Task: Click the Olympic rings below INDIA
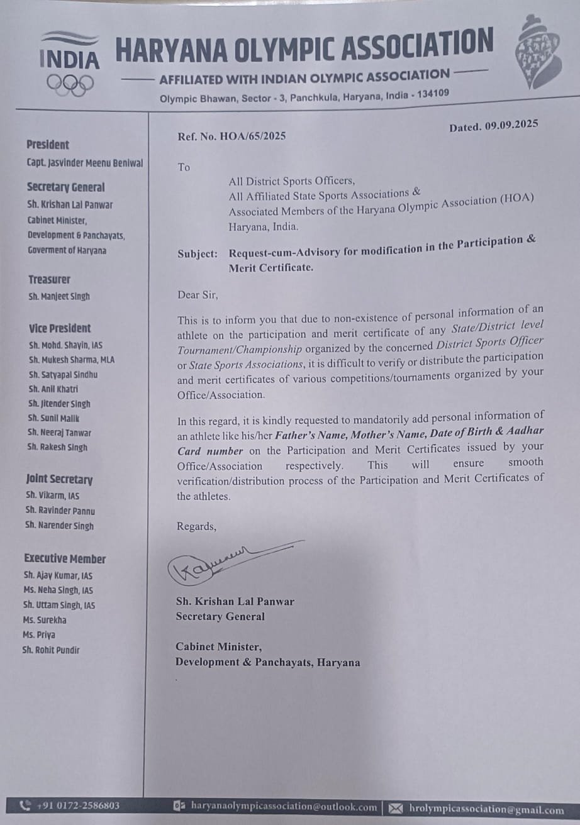[x=70, y=84]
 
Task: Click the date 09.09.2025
[x=511, y=125]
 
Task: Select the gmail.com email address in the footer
[x=486, y=809]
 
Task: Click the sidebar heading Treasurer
[x=49, y=279]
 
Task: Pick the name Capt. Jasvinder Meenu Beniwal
[x=85, y=163]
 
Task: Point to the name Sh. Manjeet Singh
[x=59, y=296]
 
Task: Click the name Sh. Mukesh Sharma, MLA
[x=72, y=360]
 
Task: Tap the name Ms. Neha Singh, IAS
[x=58, y=590]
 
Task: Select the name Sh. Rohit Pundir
[x=51, y=650]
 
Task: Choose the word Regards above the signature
[x=196, y=526]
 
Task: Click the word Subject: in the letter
[x=198, y=254]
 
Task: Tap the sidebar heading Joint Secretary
[x=59, y=480]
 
